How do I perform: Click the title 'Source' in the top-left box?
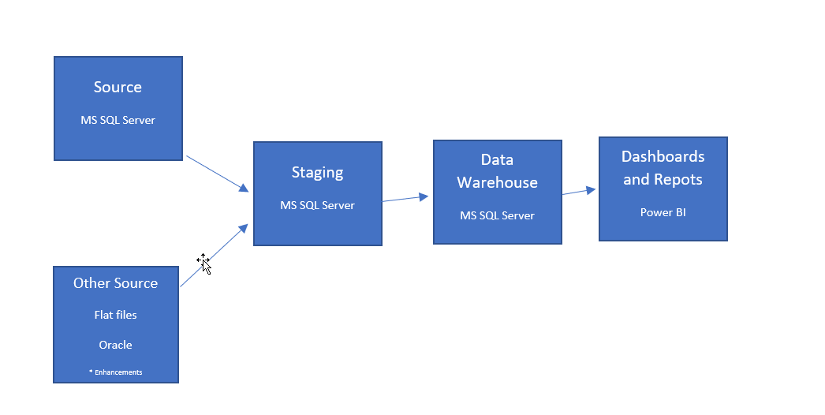[x=118, y=88]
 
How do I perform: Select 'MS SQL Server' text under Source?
[x=118, y=121]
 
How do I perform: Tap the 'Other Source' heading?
[x=115, y=283]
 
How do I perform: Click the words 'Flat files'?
[x=115, y=315]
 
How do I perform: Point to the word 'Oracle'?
[x=115, y=345]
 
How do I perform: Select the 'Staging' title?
[x=317, y=173]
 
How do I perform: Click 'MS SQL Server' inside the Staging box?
[x=317, y=205]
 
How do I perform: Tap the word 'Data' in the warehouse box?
[x=497, y=160]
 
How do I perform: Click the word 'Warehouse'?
[x=497, y=183]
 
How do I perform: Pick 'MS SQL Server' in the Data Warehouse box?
[x=497, y=215]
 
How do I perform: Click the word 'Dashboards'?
[x=663, y=156]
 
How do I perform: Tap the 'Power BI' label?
[x=663, y=212]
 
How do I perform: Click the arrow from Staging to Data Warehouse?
[x=406, y=198]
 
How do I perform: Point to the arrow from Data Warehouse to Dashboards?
[x=578, y=191]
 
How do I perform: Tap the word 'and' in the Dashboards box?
[x=636, y=180]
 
